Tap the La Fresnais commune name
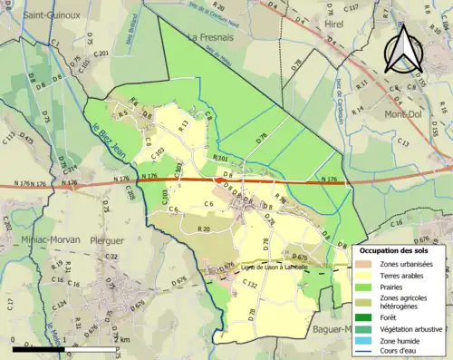pyautogui.click(x=210, y=38)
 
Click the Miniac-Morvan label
pyautogui.click(x=38, y=240)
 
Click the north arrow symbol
pyautogui.click(x=401, y=54)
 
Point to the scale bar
pyautogui.click(x=63, y=347)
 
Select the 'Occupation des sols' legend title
pyautogui.click(x=400, y=249)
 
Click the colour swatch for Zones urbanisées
pyautogui.click(x=370, y=264)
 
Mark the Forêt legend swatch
pyautogui.click(x=370, y=317)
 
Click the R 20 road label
pyautogui.click(x=205, y=230)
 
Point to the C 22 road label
pyautogui.click(x=111, y=257)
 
